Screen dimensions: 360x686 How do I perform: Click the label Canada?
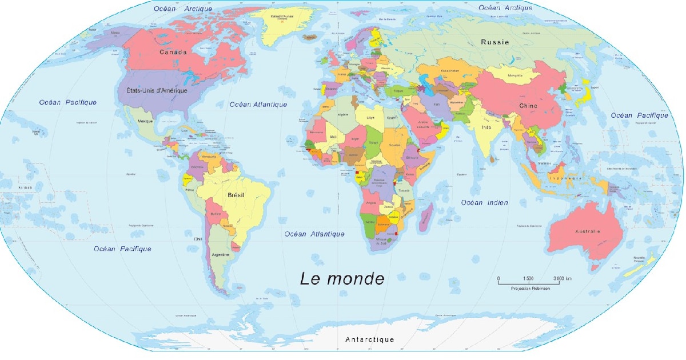173,53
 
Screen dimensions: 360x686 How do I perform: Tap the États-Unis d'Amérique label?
156,90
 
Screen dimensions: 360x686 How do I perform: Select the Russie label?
494,42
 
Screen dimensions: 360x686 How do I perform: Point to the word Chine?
528,106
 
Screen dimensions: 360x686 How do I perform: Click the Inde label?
486,127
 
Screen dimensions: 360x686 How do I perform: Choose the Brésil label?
236,195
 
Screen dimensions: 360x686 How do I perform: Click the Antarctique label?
369,339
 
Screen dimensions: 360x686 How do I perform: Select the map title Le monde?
342,279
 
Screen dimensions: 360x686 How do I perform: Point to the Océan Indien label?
485,203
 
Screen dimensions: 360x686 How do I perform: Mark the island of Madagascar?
425,219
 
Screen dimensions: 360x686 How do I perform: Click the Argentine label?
221,254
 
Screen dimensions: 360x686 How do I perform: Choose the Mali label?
333,137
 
